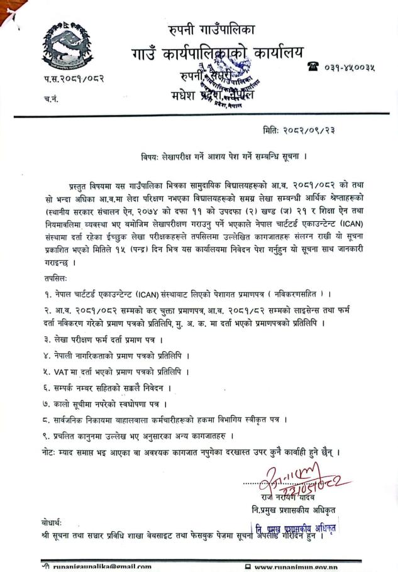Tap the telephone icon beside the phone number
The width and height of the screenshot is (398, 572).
[312, 65]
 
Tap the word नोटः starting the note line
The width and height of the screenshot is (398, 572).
[46, 452]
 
